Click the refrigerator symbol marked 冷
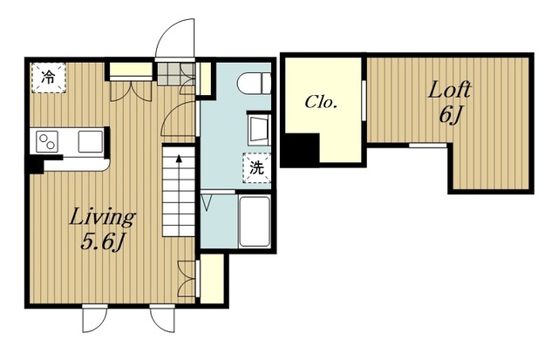pos(49,78)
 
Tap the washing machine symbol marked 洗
pos(256,168)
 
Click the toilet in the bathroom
pos(254,84)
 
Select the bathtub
pos(255,221)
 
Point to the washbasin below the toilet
pos(259,130)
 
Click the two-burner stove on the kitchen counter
pos(47,141)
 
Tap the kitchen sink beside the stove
pos(91,141)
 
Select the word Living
pos(102,217)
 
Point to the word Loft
pos(450,90)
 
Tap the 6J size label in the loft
pos(451,114)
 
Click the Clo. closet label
pos(321,103)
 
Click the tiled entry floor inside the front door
pos(176,74)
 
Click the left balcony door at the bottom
pos(95,318)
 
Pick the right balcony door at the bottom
pos(162,318)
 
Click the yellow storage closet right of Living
pos(212,279)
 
